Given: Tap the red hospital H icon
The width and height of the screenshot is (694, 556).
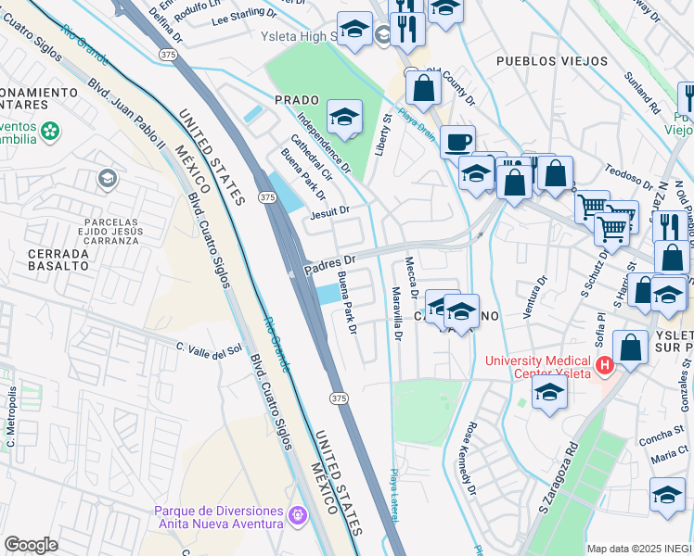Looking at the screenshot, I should coord(604,366).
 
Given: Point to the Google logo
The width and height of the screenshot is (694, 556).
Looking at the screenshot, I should coord(31,545).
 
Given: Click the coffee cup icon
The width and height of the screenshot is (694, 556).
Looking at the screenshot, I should coord(457,143).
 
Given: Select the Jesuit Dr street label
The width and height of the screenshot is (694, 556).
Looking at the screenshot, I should coord(330,211).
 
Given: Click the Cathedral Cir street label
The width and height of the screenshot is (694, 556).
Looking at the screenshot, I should coord(311,157).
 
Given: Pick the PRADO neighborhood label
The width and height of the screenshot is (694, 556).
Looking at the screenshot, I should coord(296,99).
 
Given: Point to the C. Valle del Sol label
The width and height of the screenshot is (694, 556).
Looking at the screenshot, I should coord(209,347).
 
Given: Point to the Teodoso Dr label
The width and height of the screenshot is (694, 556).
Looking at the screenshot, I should coord(629,171).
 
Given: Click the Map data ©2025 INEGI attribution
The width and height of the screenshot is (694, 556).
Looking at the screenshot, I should coord(639,549).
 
